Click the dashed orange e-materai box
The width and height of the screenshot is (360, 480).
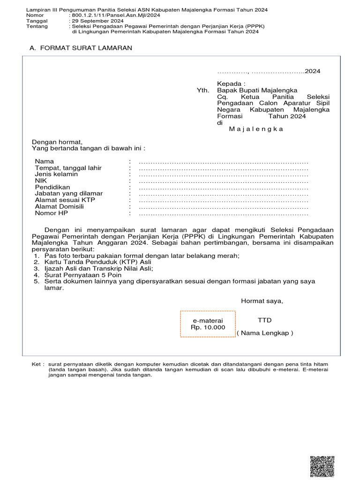point(208,324)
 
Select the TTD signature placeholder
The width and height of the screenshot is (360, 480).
point(264,320)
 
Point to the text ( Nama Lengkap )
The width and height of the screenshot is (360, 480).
point(265,333)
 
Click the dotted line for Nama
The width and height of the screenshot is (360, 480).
point(224,161)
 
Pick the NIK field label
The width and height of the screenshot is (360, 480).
point(41,180)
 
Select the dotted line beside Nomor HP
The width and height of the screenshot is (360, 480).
point(224,213)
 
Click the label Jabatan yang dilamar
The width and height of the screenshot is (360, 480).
point(69,194)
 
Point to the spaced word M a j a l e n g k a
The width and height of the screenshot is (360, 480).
point(256,129)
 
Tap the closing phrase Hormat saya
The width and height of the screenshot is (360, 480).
point(262,301)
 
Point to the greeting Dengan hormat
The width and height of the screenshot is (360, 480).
point(57,142)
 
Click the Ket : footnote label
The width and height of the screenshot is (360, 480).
point(38,364)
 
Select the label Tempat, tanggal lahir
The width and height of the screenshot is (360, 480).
point(68,168)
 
